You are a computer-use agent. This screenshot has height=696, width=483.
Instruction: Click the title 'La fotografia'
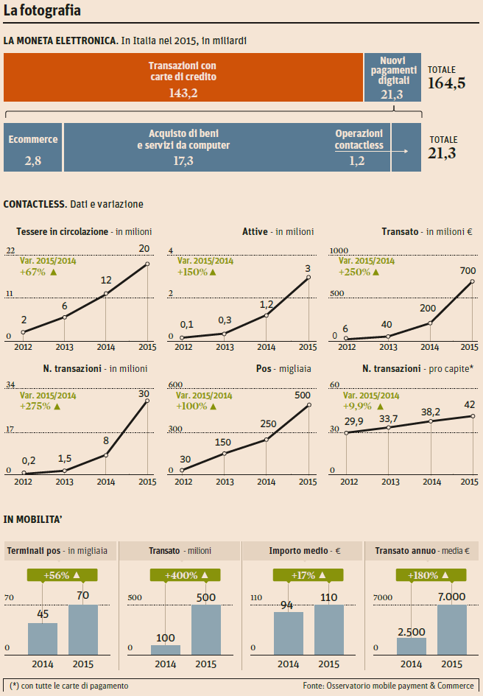pos(42,11)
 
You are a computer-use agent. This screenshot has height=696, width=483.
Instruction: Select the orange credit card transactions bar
pos(183,77)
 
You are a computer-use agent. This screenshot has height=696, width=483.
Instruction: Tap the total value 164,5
pos(446,82)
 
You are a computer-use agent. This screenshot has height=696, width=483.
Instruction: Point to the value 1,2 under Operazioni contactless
pos(357,161)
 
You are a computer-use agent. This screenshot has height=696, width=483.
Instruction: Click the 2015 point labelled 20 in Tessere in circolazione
pos(147,264)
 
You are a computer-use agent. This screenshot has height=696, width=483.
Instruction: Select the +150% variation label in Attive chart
pos(197,272)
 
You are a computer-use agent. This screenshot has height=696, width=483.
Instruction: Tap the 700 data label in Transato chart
pos(468,270)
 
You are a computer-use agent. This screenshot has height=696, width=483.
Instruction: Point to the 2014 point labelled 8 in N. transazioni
pos(106,454)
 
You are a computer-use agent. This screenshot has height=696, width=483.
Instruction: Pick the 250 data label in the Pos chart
pos(268,423)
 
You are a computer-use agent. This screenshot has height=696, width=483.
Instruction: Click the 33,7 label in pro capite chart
pos(388,419)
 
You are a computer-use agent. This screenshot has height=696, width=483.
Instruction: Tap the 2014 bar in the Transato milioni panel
pos(166,649)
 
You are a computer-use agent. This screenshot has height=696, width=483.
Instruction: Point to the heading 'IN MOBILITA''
pos(32,519)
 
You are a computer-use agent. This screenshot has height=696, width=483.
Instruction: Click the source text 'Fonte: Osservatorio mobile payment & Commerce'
pos(388,686)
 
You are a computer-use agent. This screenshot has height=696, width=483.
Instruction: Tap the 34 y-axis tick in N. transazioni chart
pos(10,385)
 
